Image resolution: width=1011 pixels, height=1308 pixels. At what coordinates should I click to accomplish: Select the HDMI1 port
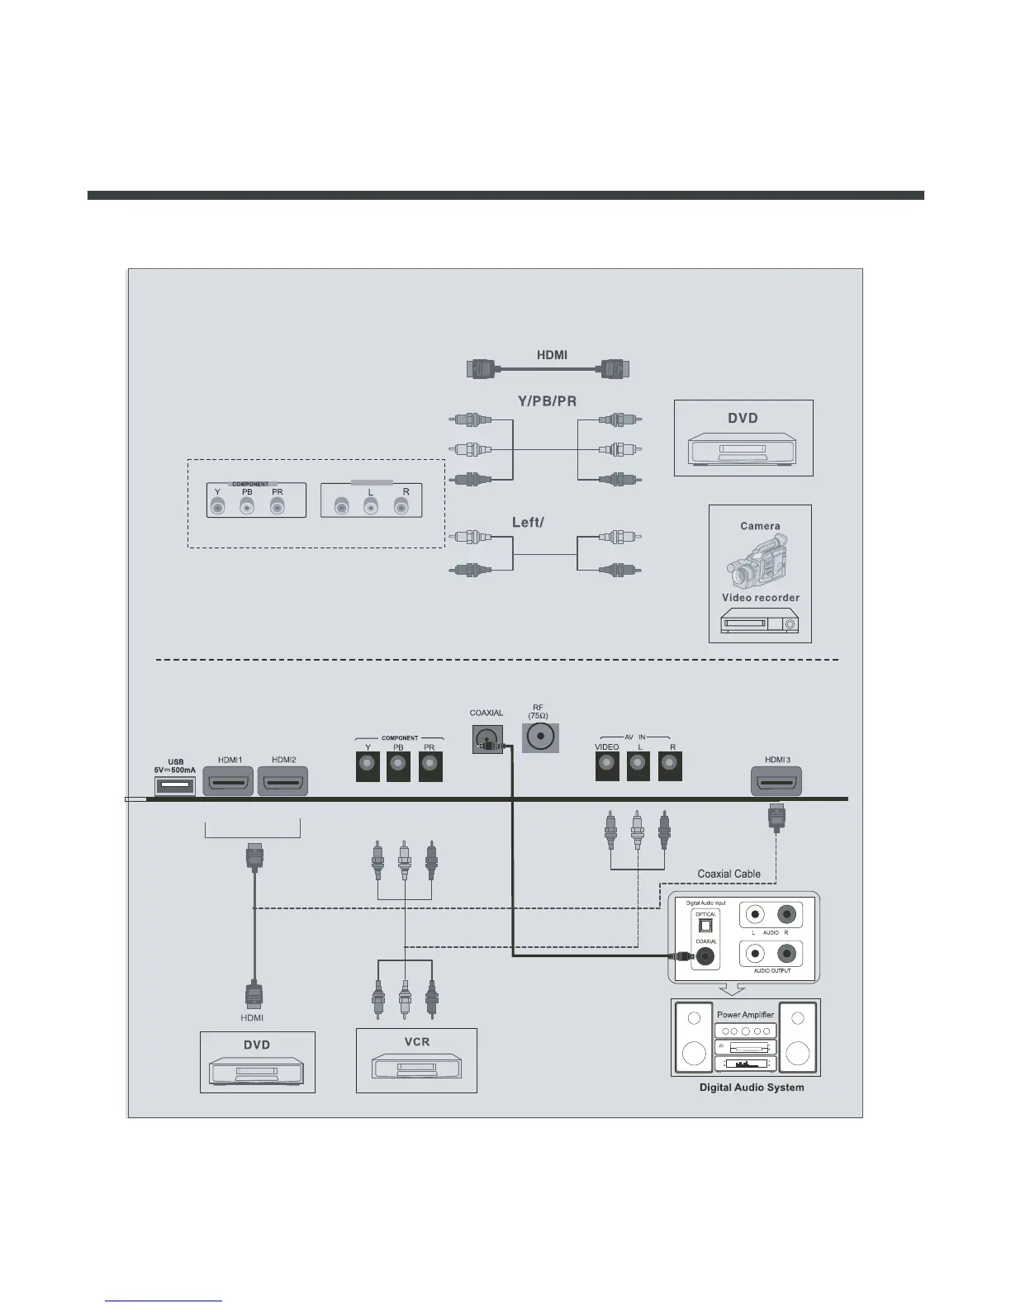point(229,781)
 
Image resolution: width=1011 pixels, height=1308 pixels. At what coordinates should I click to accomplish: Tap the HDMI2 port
point(282,781)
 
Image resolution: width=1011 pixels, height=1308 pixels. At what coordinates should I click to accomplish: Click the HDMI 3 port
point(776,781)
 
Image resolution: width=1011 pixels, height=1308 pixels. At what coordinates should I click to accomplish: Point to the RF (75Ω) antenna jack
point(541,737)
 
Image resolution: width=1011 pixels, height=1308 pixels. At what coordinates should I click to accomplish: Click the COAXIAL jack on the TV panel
point(487,738)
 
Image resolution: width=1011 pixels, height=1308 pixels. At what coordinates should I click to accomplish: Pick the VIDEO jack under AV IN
point(607,767)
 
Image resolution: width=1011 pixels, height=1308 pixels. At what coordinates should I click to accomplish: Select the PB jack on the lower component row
point(398,767)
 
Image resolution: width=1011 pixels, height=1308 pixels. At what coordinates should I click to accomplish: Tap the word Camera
point(760,526)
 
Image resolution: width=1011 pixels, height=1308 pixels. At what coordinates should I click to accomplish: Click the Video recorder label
point(760,598)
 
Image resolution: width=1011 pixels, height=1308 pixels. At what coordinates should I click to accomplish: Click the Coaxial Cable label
point(729,874)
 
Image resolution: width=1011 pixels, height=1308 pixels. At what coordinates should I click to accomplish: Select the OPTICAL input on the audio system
point(705,925)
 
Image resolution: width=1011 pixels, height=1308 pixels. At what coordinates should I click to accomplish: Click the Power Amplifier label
point(745,1015)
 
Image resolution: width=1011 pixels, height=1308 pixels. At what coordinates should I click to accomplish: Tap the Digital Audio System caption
point(751,1088)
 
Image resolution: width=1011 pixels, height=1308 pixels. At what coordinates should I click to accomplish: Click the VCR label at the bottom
point(416,1042)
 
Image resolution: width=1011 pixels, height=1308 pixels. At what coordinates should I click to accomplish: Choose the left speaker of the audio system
point(694,1039)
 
